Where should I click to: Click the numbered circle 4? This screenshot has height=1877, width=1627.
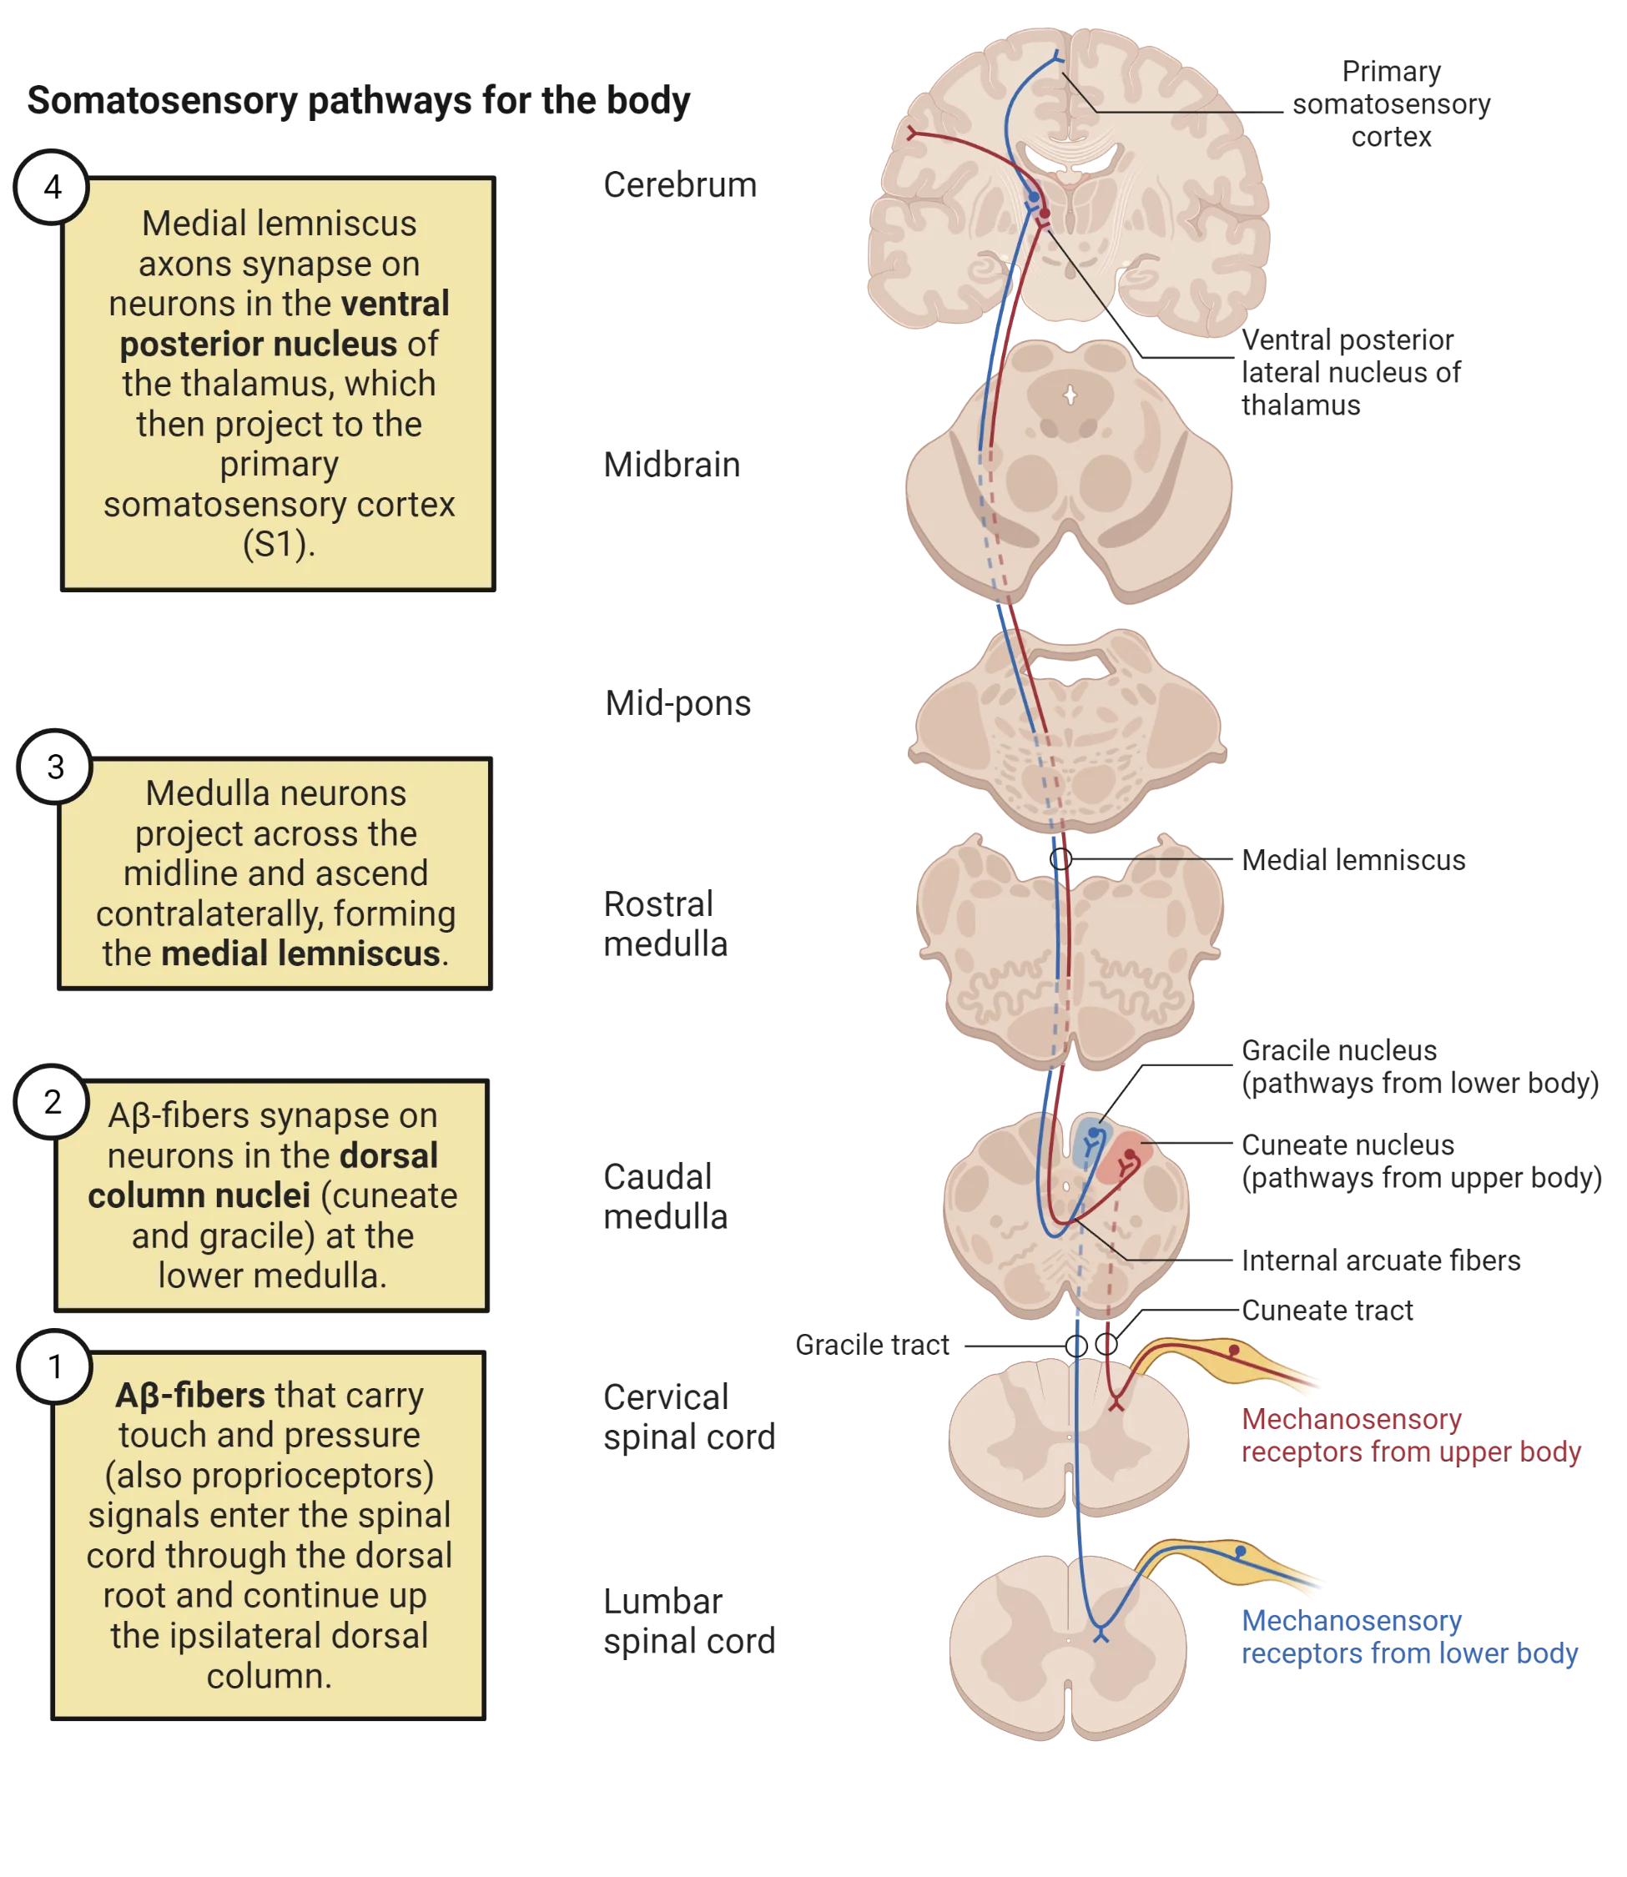[x=53, y=188]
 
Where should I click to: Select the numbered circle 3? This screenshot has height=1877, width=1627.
[x=55, y=767]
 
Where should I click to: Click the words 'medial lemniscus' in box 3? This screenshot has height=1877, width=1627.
[x=300, y=954]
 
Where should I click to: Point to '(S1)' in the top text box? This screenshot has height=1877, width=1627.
[x=279, y=544]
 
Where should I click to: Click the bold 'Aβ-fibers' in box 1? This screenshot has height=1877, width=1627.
[x=189, y=1395]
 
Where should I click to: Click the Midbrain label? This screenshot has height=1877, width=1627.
[x=671, y=465]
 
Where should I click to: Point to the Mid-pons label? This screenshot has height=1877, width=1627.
[x=680, y=705]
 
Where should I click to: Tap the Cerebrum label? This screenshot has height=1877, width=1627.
[x=680, y=186]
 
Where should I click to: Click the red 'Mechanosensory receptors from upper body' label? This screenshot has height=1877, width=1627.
[x=1410, y=1435]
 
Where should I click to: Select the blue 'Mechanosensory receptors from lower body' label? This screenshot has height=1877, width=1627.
[x=1410, y=1637]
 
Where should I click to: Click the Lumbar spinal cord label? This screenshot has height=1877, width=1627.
[x=690, y=1620]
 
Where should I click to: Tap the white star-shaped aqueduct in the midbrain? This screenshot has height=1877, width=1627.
[x=1070, y=395]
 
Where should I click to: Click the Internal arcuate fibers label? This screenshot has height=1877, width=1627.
[x=1380, y=1261]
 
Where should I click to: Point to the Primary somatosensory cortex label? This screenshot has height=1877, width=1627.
[x=1392, y=103]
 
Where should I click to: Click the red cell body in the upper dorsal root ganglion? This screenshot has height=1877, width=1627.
[x=1234, y=1351]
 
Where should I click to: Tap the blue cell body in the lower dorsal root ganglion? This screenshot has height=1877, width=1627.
[x=1240, y=1552]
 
